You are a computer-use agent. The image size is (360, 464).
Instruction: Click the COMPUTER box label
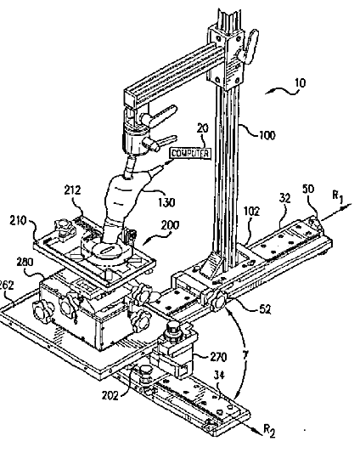pyautogui.click(x=191, y=153)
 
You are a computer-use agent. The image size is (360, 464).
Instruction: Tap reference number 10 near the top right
pyautogui.click(x=300, y=83)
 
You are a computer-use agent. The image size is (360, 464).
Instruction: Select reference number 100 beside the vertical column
pyautogui.click(x=267, y=135)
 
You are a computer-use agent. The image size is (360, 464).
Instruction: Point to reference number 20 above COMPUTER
pyautogui.click(x=202, y=128)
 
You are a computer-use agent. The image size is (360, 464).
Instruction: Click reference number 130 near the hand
pyautogui.click(x=166, y=202)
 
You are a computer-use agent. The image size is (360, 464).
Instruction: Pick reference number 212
pyautogui.click(x=72, y=190)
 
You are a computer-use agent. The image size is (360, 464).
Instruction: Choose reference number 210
pyautogui.click(x=18, y=221)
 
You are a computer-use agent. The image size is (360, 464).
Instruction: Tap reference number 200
pyautogui.click(x=170, y=225)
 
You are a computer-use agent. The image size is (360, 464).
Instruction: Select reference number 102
pyautogui.click(x=251, y=212)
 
